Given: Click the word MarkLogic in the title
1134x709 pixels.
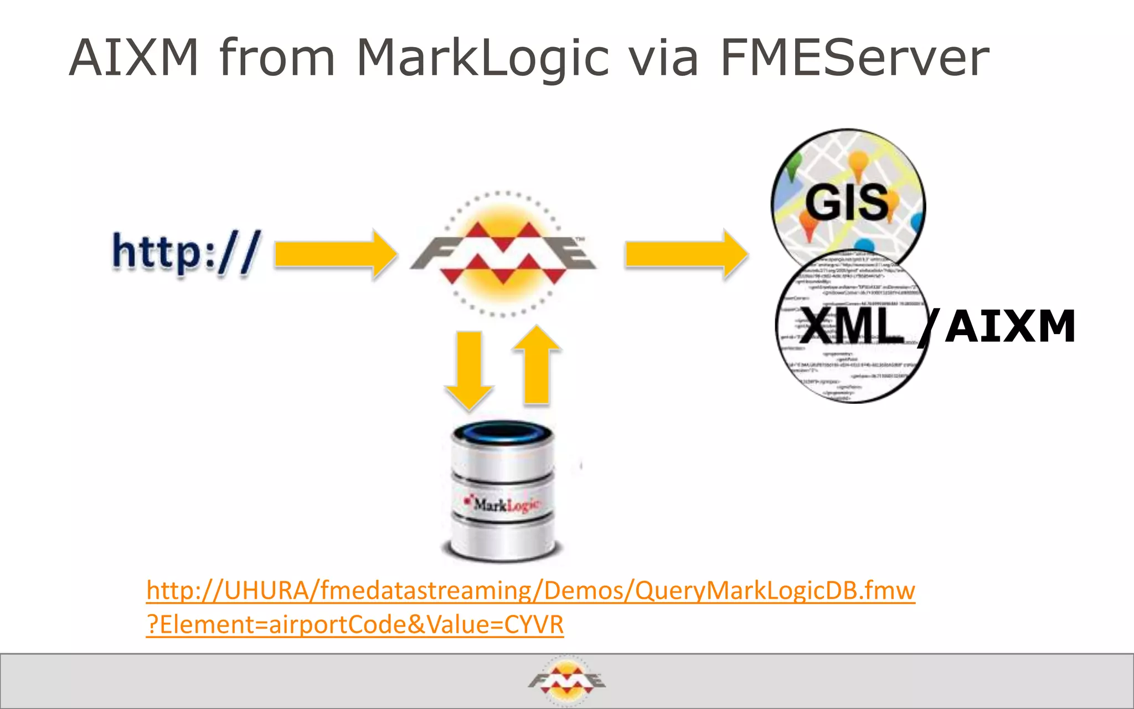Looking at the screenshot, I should pyautogui.click(x=482, y=58).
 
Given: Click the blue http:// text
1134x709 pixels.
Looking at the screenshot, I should pyautogui.click(x=186, y=253).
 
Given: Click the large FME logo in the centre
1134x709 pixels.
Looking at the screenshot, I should pyautogui.click(x=503, y=254).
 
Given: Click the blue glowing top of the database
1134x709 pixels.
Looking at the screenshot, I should pyautogui.click(x=503, y=433).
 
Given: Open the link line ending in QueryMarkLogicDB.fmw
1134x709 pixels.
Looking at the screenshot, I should pyautogui.click(x=530, y=590).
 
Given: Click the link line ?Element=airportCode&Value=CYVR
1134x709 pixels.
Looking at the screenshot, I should pyautogui.click(x=355, y=625).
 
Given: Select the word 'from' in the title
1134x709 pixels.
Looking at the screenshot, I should pyautogui.click(x=277, y=58).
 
